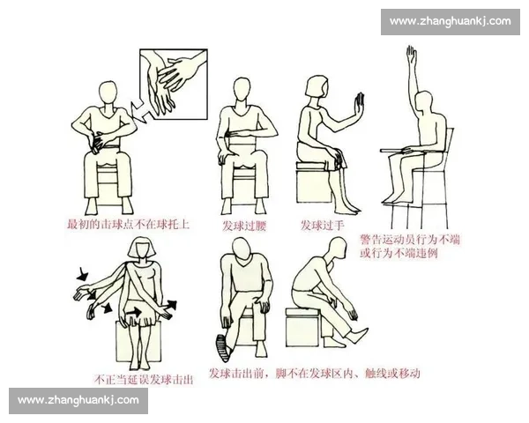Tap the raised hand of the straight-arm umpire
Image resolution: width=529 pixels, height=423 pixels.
(411, 56)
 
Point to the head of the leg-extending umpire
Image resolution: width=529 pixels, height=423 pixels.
(333, 250)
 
